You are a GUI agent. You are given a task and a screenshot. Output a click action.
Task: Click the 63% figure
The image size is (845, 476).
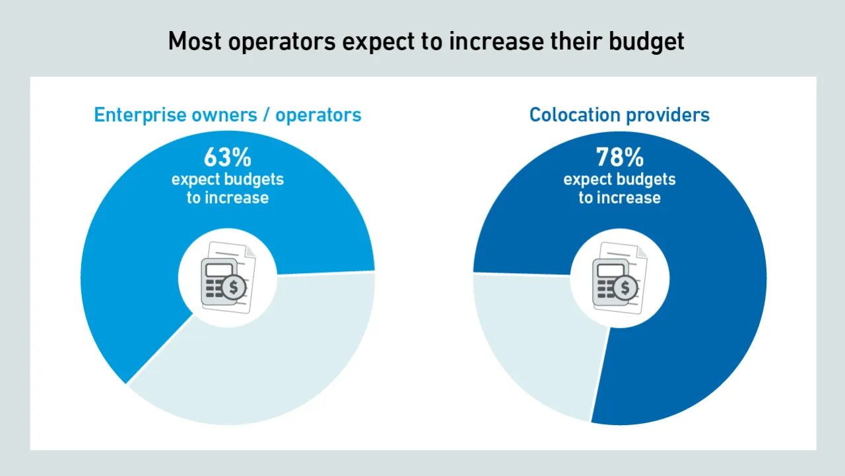(227, 157)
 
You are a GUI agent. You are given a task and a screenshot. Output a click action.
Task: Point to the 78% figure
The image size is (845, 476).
(619, 157)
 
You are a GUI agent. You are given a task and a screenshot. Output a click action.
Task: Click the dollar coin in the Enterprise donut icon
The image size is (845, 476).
(234, 288)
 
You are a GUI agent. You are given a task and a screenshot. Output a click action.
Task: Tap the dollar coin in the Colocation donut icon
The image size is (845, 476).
(625, 288)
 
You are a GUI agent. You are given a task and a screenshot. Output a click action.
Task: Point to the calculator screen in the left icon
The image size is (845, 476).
(218, 270)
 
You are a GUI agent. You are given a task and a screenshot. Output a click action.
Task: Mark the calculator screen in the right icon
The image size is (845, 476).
(609, 270)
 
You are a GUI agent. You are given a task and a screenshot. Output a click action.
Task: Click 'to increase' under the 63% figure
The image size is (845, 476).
(227, 198)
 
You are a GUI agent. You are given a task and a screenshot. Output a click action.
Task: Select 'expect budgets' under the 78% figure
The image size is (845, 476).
(619, 180)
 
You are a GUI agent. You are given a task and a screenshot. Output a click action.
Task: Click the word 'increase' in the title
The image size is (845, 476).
(496, 41)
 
